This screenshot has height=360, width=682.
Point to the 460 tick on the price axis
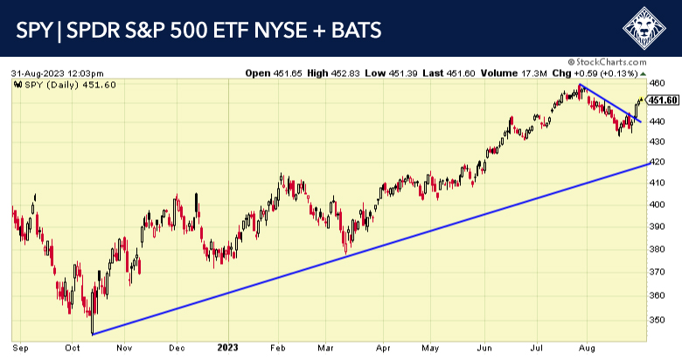tap(658, 84)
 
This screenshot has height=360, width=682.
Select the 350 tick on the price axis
tap(658, 322)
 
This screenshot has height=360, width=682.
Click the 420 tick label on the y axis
tap(658, 163)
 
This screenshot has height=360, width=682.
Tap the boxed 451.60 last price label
tap(664, 100)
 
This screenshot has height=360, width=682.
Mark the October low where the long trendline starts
tap(92, 333)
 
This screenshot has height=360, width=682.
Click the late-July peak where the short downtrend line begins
tap(581, 85)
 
